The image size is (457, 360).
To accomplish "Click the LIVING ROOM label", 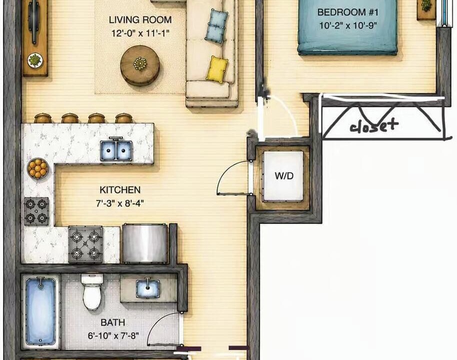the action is [140, 20].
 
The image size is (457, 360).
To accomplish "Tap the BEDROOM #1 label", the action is [347, 12].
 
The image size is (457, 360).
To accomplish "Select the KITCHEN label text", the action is [120, 190].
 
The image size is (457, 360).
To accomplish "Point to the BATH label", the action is [113, 322].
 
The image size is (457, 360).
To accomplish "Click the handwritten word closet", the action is [374, 126].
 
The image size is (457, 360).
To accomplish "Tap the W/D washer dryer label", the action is [284, 176].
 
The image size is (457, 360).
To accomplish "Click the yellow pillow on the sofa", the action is [217, 69].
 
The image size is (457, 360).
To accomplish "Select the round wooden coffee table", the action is [140, 65].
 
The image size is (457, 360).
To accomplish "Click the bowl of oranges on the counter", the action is [37, 168].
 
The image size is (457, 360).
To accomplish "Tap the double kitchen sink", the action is [116, 150].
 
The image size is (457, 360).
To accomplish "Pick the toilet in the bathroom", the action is [92, 291].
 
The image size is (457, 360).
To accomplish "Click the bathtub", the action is [40, 311].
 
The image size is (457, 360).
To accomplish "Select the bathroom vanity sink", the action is [148, 288].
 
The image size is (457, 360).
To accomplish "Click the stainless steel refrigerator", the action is [145, 243].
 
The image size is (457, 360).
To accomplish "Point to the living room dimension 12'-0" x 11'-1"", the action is [140, 33].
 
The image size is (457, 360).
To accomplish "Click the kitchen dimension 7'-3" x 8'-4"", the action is [120, 203].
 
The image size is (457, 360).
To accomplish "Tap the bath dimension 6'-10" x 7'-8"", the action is [113, 336].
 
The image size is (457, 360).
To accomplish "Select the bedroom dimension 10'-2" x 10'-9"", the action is [348, 25].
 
